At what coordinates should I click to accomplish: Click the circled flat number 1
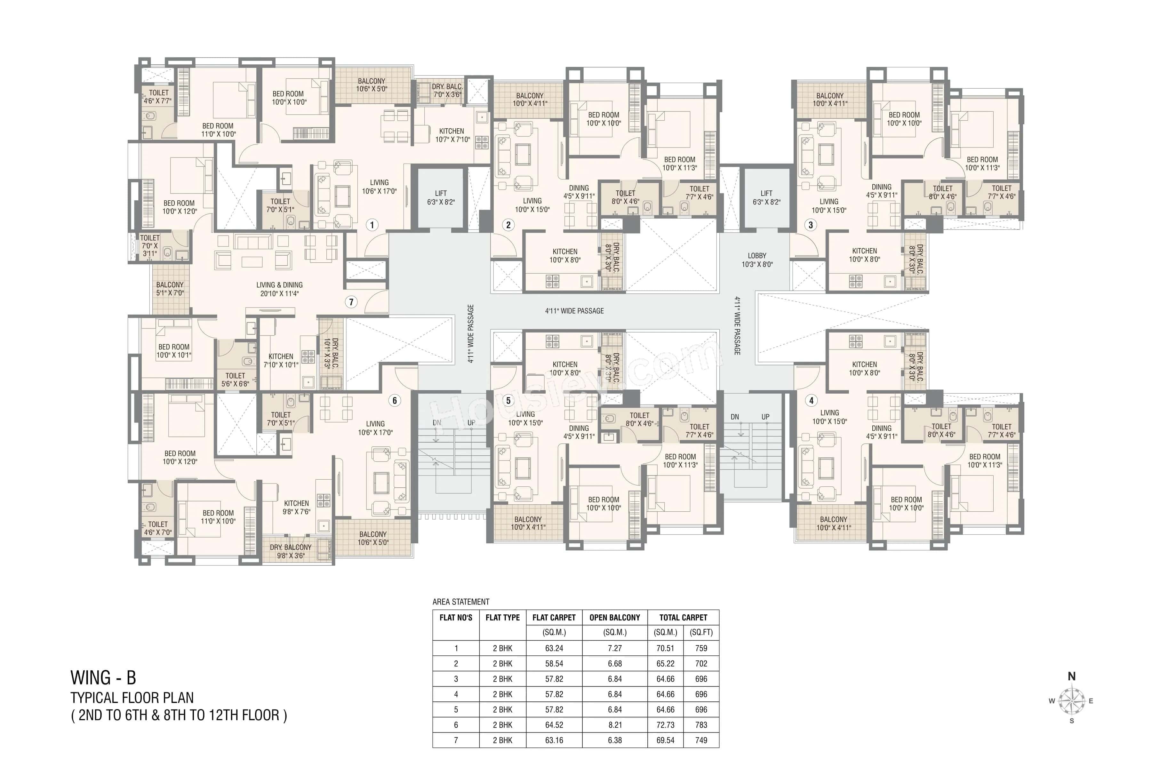click(372, 225)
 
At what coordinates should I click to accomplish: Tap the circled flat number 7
click(351, 302)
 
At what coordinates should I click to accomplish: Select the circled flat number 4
click(812, 400)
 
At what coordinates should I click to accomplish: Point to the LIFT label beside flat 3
click(766, 197)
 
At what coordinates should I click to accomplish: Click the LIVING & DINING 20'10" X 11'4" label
click(279, 289)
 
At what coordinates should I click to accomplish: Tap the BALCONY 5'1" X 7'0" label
click(170, 289)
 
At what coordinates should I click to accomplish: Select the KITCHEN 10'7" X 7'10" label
click(452, 135)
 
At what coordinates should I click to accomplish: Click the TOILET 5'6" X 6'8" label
click(235, 380)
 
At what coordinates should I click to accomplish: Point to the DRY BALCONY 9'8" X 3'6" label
click(291, 551)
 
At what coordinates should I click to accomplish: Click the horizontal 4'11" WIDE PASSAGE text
click(574, 310)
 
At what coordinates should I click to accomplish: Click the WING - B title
click(103, 678)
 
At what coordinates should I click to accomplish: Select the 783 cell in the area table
click(701, 724)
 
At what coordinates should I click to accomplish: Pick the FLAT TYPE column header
click(502, 617)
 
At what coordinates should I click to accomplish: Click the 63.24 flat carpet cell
click(554, 648)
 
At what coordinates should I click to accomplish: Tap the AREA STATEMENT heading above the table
click(460, 602)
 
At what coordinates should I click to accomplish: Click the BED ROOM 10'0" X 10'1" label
click(174, 351)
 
